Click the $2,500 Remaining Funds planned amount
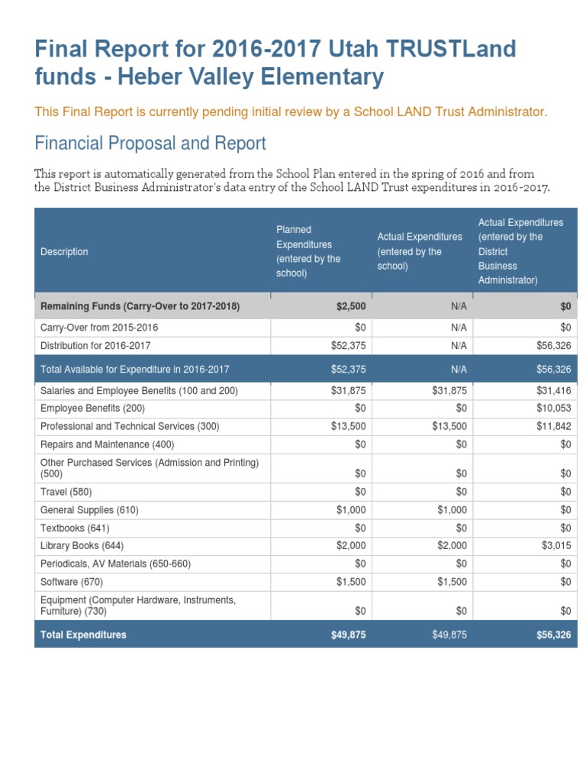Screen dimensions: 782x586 [x=351, y=306]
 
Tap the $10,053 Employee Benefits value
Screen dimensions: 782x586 [x=555, y=409]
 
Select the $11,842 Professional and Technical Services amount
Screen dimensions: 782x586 [x=555, y=426]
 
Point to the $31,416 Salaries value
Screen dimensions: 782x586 [x=555, y=391]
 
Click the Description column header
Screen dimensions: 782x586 [x=64, y=251]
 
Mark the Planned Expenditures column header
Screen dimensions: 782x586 [x=308, y=251]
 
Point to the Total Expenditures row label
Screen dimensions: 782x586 [x=83, y=635]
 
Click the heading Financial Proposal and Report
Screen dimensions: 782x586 [x=150, y=143]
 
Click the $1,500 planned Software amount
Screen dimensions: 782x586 [x=351, y=582]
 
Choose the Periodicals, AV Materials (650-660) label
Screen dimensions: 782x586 [x=115, y=564]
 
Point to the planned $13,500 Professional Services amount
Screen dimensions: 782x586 [x=349, y=426]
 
